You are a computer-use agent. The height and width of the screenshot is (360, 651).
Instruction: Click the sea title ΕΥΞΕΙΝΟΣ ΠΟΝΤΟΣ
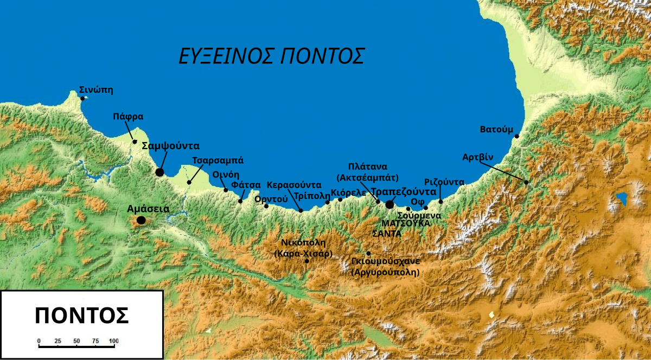272,56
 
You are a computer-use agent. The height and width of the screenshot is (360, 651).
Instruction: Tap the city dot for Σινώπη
82,98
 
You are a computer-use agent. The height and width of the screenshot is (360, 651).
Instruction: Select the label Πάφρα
128,116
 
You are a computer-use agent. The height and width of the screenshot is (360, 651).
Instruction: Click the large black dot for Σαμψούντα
159,172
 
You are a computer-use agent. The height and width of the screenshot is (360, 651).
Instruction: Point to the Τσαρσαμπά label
218,160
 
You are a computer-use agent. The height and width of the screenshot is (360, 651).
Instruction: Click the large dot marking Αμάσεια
141,220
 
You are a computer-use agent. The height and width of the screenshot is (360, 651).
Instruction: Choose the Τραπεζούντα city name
403,192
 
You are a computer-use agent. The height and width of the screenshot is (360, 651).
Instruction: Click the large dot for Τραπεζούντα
390,204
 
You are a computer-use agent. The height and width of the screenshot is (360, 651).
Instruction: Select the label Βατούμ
496,130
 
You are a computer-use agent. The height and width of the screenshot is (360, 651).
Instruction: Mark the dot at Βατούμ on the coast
517,136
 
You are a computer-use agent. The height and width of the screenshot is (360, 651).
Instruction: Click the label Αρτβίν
478,157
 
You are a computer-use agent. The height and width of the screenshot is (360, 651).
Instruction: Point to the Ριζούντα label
444,182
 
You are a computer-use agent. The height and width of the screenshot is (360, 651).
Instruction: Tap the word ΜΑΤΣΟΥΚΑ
406,223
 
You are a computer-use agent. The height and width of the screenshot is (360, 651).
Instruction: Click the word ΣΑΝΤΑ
387,234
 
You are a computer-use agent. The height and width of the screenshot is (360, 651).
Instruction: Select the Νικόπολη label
303,242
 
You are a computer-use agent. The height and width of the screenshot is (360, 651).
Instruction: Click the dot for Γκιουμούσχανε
369,253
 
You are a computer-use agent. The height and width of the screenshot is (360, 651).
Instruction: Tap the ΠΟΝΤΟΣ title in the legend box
81,316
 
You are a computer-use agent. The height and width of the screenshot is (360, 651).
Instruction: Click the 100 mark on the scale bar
113,341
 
